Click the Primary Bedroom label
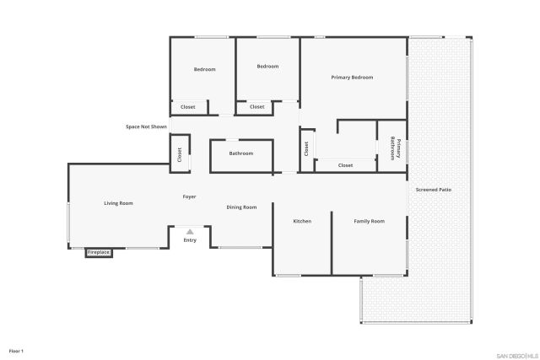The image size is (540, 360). point(352,78)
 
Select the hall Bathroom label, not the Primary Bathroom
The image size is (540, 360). point(241,153)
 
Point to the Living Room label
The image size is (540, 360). point(119,203)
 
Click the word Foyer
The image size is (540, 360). point(190,196)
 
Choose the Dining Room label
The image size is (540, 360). point(241,207)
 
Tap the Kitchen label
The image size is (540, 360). point(302,221)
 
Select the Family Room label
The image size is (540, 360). point(369,221)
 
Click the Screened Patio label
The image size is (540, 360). point(434,190)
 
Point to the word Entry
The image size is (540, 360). point(190,240)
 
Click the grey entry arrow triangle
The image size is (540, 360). point(190,231)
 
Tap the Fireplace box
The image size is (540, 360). point(99,252)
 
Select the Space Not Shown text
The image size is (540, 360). point(147,126)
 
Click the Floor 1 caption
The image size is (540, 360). point(16,349)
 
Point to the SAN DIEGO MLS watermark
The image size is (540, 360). point(514,355)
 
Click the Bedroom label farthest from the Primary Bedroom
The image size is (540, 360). point(205,69)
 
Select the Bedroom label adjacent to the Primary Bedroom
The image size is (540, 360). point(267,67)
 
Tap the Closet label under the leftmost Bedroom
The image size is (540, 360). point(187,107)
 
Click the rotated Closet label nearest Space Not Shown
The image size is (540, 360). point(179,154)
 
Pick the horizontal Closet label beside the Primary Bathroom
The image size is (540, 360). point(345,165)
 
